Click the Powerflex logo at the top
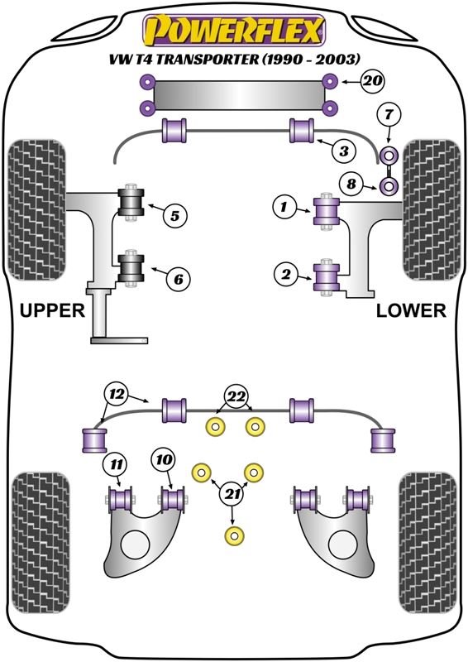[234, 30]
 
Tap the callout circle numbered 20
[372, 80]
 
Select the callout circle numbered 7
[389, 114]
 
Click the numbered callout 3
[344, 151]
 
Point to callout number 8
[351, 184]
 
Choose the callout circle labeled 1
[284, 207]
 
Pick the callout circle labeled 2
[287, 275]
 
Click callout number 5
[174, 216]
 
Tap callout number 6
[179, 279]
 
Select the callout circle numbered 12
[117, 394]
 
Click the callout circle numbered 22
[236, 396]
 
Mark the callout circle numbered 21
[232, 494]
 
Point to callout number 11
[117, 465]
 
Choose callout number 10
[165, 459]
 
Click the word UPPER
[52, 310]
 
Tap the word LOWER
[411, 310]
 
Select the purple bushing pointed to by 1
[327, 211]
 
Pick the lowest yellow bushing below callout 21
[235, 535]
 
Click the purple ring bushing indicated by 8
[389, 185]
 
